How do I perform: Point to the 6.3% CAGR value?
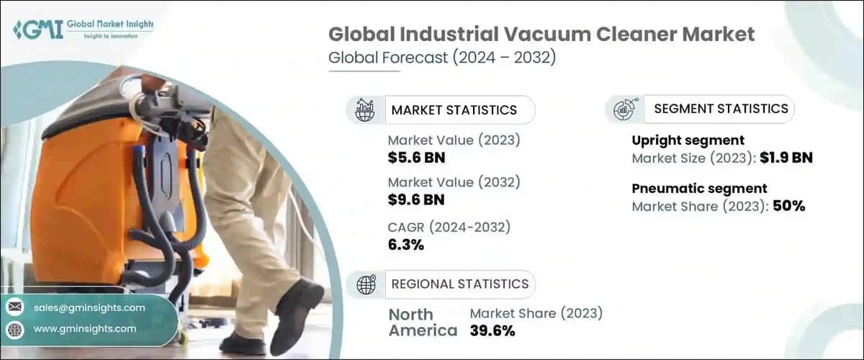[405, 245]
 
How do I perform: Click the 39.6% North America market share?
[492, 330]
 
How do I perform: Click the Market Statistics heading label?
[454, 110]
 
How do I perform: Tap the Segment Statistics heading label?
[721, 109]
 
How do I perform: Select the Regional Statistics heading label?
[459, 284]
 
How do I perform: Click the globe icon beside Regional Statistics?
[366, 284]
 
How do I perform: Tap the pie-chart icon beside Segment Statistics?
[623, 109]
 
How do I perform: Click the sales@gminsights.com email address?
[89, 307]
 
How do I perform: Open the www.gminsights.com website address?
[85, 328]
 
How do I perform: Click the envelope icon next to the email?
[15, 307]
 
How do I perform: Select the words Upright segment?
[688, 140]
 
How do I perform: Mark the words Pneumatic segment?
[698, 189]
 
